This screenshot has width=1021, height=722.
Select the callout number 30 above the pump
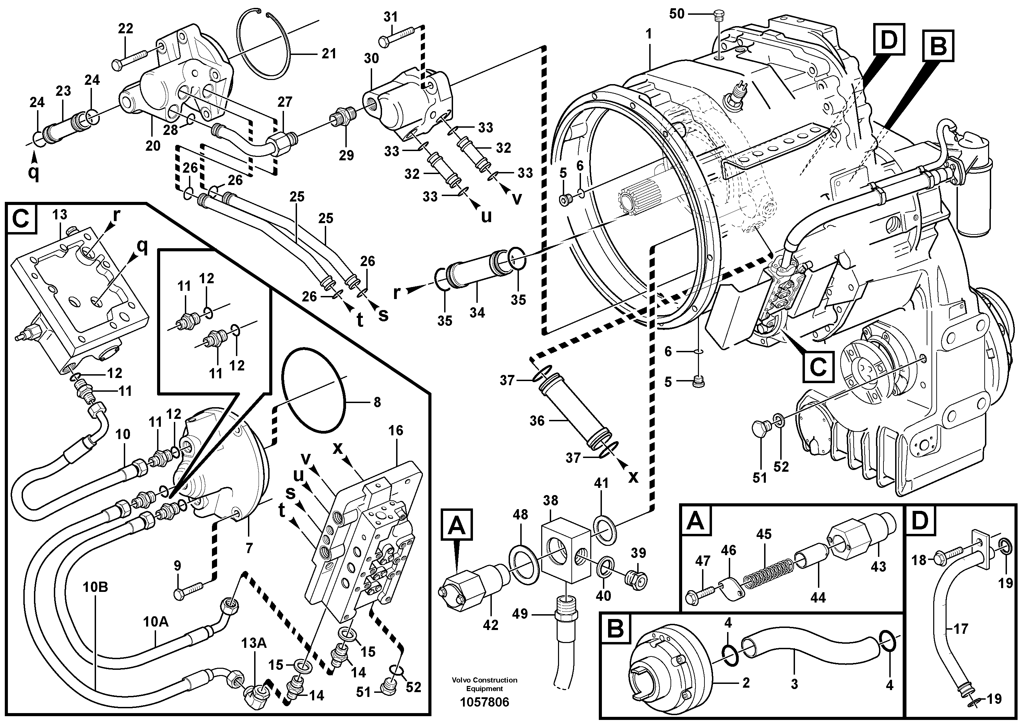(371, 58)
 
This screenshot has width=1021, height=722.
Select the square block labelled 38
(565, 549)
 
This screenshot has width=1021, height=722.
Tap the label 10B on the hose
(95, 587)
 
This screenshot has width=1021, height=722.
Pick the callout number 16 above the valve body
(395, 431)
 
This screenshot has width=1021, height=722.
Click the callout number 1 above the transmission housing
(649, 34)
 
